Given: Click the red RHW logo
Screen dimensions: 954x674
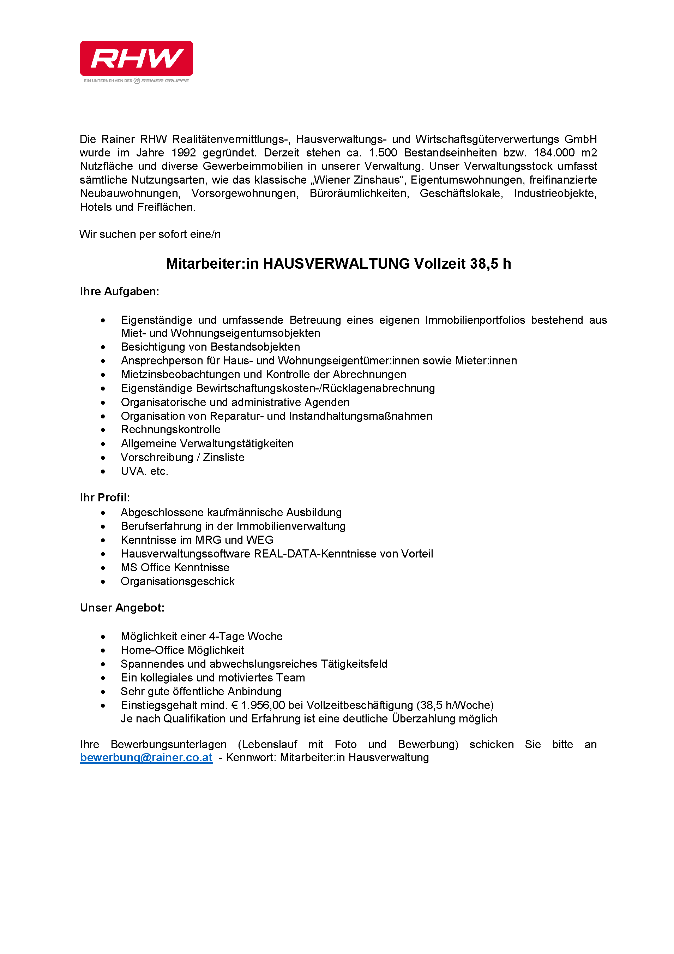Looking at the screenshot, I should pos(136,58).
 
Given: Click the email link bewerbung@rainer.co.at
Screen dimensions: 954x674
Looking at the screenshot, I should pos(146,757).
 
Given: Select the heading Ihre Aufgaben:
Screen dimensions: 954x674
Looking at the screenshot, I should pos(120,292).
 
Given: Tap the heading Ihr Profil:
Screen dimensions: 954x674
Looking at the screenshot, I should pos(105,497).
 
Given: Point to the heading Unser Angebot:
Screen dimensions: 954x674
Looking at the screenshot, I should pos(122,608).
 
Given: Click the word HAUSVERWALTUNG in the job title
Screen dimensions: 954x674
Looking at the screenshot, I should pos(336,264).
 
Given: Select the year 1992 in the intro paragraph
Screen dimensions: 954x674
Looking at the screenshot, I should pos(183,153).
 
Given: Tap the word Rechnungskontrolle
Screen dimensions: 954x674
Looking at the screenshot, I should pos(171,430).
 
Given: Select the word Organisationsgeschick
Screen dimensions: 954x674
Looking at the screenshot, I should pos(178,581).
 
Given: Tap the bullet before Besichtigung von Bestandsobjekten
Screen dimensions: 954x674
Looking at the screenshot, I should pos(103,347).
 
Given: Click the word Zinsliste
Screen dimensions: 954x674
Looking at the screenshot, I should pos(223,458).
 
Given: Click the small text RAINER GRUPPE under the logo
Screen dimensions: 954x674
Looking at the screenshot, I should pos(165,81).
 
